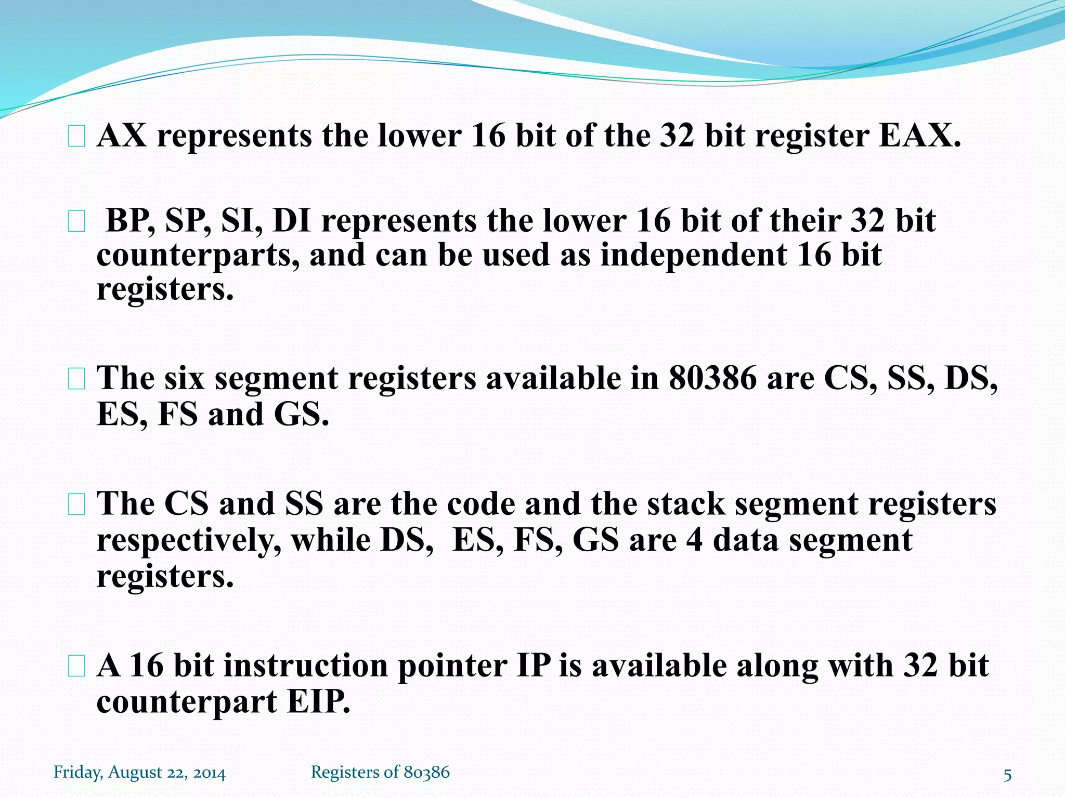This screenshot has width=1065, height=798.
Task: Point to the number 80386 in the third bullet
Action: (712, 378)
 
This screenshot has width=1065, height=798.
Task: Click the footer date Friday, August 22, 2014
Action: (140, 773)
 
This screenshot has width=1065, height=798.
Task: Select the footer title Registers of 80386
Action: (380, 773)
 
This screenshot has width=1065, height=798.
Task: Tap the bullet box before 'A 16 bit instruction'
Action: (76, 667)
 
